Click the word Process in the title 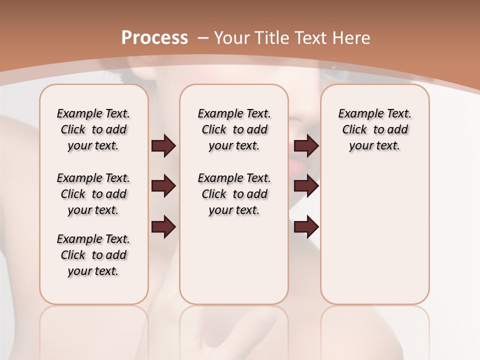[154, 38]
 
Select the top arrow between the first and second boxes [163, 146]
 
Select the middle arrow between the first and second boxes [163, 186]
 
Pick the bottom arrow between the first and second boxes [163, 227]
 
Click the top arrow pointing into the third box [306, 146]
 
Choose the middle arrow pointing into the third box [306, 186]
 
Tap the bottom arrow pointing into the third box [306, 227]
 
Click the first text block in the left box [93, 129]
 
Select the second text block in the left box [93, 194]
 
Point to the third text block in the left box [93, 255]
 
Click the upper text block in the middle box [234, 129]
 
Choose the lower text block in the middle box [234, 194]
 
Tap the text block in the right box [374, 129]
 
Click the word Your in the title [229, 38]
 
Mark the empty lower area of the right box [374, 235]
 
